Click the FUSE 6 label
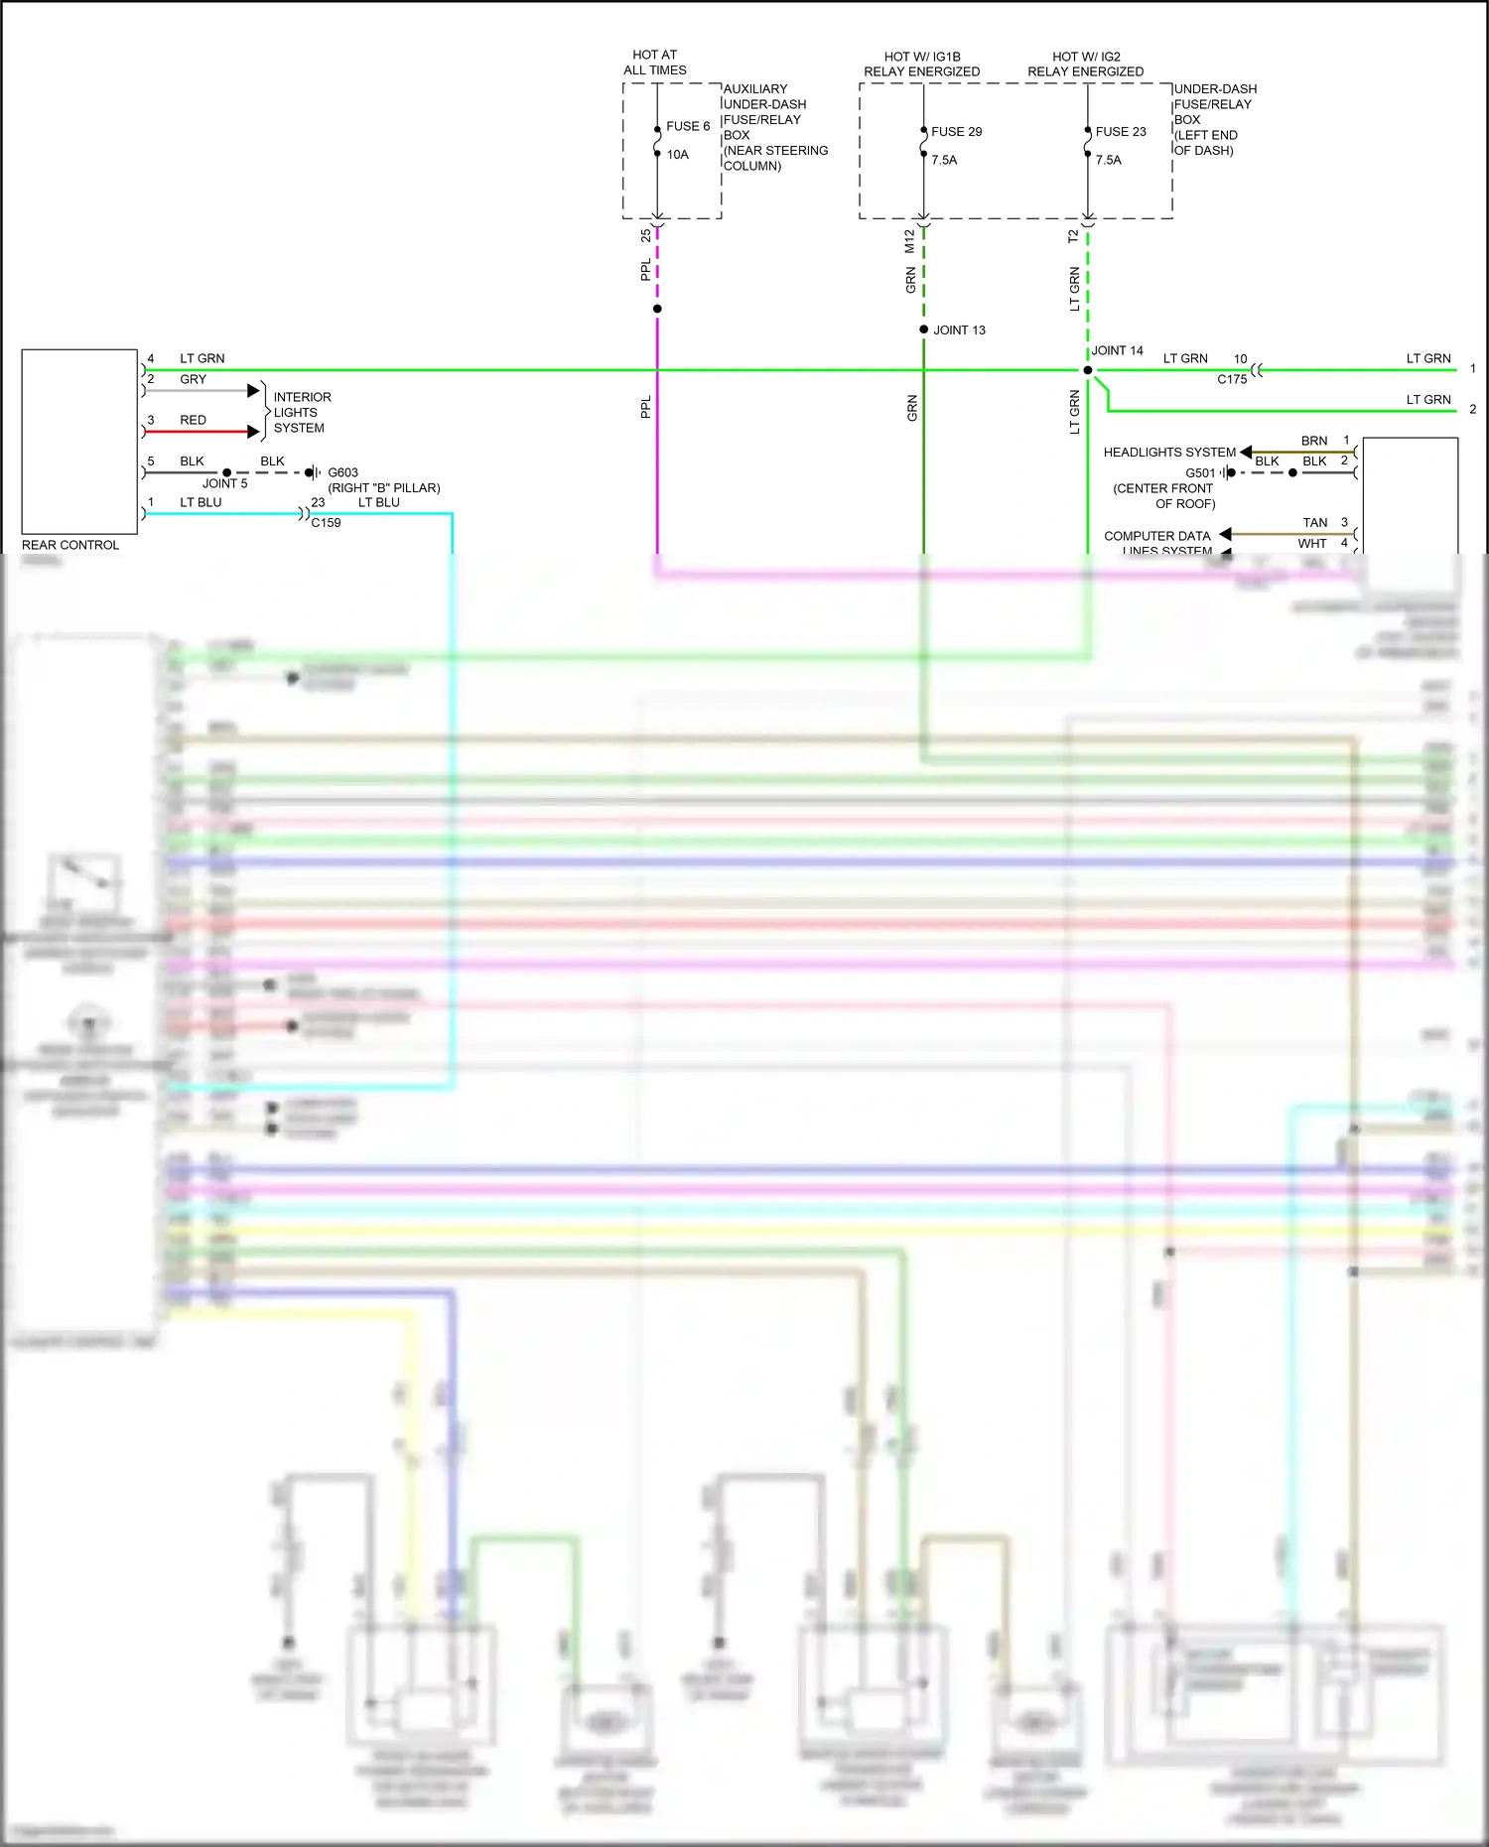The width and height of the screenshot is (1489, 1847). point(687,126)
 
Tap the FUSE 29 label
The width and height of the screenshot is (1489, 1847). point(956,131)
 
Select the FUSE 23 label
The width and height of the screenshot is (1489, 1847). point(1120,131)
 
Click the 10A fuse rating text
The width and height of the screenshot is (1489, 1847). point(677,155)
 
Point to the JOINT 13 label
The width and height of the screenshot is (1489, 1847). point(959,330)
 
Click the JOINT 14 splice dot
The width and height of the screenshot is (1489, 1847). point(1088,370)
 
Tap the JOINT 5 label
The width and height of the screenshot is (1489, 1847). point(224,484)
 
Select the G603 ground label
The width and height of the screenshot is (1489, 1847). point(342,472)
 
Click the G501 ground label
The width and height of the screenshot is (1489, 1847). point(1199,473)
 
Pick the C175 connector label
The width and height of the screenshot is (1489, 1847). point(1231,380)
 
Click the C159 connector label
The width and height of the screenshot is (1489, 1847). point(326,523)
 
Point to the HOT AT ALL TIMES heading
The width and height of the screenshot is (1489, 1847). point(654,63)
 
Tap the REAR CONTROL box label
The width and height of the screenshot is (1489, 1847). point(69,545)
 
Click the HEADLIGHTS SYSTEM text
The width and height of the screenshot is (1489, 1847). point(1169,453)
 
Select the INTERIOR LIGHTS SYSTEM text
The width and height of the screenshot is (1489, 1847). point(302,413)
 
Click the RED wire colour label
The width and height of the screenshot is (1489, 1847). point(193,420)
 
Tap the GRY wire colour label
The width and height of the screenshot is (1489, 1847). point(193,379)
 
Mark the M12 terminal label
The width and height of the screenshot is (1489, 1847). point(909,241)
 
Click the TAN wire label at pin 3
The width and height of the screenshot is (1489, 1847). point(1314,523)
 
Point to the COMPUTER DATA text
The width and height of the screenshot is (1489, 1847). point(1156,536)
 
